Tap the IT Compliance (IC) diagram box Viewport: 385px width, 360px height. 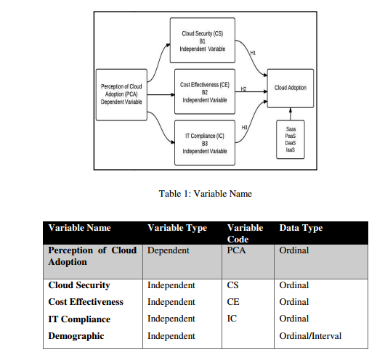[204, 142]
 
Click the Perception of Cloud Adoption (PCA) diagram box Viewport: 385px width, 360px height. [122, 93]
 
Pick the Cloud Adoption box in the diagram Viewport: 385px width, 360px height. [290, 88]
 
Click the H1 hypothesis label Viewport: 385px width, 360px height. [252, 53]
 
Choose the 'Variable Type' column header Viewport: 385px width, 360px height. [177, 228]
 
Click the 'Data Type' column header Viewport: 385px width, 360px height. [301, 228]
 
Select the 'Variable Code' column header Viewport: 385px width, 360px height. [245, 234]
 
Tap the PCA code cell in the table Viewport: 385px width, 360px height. [238, 250]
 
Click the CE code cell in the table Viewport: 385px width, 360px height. [234, 302]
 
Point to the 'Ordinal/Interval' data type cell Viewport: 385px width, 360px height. [309, 336]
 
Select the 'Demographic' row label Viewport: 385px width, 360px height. [77, 336]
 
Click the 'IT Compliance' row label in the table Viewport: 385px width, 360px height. [79, 319]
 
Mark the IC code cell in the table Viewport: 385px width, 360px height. [232, 319]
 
